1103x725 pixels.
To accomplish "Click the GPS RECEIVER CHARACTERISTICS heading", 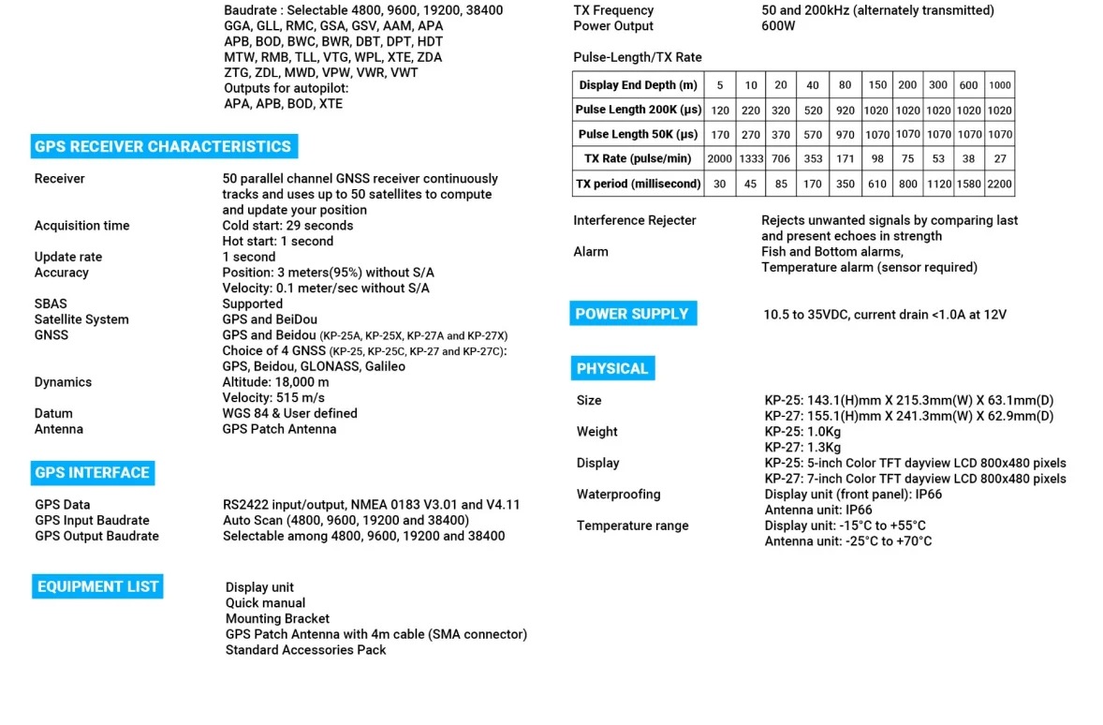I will point(163,147).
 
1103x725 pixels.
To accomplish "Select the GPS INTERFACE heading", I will point(92,473).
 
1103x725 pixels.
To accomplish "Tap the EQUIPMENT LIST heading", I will point(97,587).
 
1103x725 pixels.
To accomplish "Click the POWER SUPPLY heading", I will point(632,314).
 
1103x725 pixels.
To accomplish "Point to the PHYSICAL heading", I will point(612,369).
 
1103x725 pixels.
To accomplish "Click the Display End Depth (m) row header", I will point(638,85).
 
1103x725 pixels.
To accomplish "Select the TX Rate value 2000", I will point(720,159).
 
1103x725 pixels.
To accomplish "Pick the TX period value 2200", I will point(999,185).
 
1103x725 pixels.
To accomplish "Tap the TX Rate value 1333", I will point(751,159).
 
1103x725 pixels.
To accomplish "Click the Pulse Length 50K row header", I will point(638,135).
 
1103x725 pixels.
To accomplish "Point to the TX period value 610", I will point(877,185).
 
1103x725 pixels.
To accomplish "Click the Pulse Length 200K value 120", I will point(720,111).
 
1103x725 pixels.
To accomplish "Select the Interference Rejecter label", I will point(635,221).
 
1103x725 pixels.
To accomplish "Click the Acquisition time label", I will point(82,226).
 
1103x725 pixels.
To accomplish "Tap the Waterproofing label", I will point(618,495).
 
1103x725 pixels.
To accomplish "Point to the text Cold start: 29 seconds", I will point(287,226).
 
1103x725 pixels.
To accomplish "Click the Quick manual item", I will point(265,603).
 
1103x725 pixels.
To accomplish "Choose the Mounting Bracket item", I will point(277,619).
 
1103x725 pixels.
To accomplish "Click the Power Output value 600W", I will point(778,26).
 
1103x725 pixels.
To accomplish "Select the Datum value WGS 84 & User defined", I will point(289,413).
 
